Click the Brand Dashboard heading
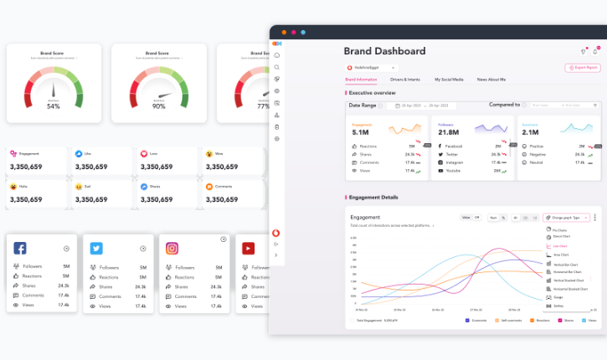pos(384,51)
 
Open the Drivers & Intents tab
pos(404,79)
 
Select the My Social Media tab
pos(449,79)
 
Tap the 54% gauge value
pos(53,106)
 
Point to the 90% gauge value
pos(158,106)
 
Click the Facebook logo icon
pos(20,248)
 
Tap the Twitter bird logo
pos(96,248)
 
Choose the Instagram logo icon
pos(172,248)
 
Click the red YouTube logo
pos(249,248)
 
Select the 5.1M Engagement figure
pos(361,132)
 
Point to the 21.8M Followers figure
pos(449,132)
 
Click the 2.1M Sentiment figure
pos(530,132)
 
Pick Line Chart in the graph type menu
pos(558,246)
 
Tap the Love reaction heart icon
pos(144,154)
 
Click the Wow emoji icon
pos(208,154)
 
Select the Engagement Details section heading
pos(373,197)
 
